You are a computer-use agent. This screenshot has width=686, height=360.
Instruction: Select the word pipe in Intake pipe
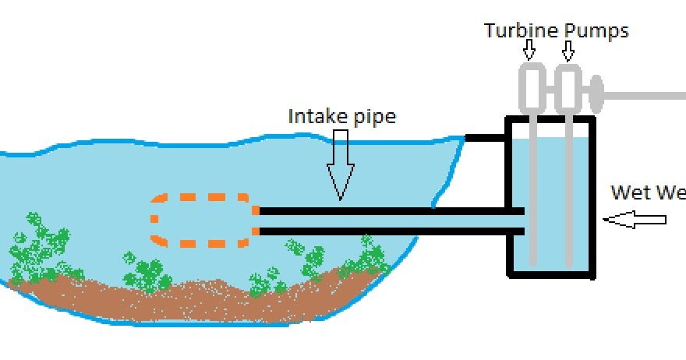[373, 118]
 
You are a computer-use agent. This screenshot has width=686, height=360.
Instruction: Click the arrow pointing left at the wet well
[635, 221]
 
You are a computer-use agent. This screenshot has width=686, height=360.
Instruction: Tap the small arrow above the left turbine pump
[530, 51]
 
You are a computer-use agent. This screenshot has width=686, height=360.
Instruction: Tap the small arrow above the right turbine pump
[568, 51]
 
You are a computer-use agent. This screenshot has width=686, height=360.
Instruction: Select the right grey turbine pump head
[568, 88]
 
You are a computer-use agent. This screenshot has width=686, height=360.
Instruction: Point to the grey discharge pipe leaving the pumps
[647, 96]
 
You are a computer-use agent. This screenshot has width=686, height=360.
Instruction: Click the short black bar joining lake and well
[486, 138]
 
